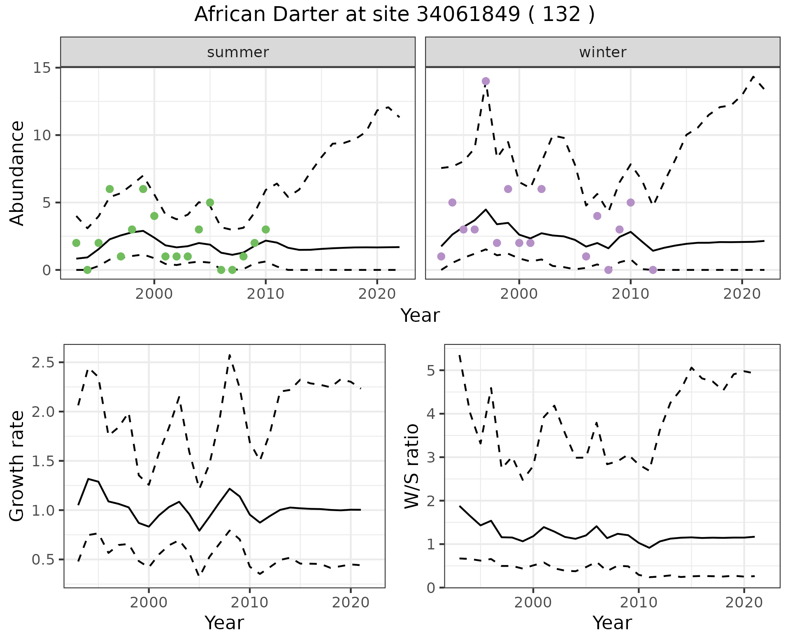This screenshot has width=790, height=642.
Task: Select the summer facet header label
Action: point(238,52)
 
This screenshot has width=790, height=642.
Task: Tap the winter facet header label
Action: point(602,52)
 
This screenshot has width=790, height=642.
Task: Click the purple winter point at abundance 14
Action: point(486,81)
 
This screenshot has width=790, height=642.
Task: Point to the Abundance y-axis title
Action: point(17,173)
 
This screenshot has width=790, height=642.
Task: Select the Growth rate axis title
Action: point(17,466)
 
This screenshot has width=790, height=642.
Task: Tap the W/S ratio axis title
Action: point(412,466)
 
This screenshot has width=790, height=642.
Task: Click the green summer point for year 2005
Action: point(210,202)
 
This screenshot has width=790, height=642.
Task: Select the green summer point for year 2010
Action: point(266,229)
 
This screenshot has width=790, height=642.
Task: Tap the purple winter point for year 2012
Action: point(653,270)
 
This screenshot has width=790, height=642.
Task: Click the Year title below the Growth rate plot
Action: point(224,623)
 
